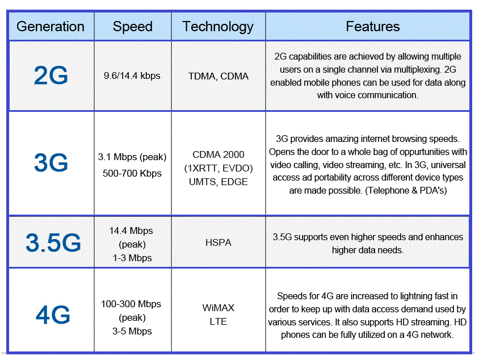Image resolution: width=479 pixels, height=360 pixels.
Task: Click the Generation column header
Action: [x=51, y=27]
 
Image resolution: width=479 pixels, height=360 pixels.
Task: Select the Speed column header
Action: [x=133, y=27]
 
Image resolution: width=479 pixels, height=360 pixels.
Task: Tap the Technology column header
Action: [x=218, y=27]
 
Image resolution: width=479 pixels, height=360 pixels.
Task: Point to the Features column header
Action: [x=373, y=27]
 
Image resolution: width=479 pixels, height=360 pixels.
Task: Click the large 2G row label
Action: [x=51, y=76]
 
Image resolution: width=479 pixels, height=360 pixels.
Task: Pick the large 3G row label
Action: [x=51, y=164]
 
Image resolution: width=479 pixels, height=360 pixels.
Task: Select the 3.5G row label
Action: [x=53, y=243]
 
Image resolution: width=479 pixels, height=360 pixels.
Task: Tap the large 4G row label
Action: [x=52, y=314]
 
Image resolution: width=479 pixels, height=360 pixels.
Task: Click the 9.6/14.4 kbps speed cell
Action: [x=132, y=76]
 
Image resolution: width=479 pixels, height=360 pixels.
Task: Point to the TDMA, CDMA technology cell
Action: [x=219, y=76]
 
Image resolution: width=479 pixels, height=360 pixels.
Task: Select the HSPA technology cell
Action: [x=219, y=242]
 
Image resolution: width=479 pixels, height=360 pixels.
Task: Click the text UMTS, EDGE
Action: [x=219, y=182]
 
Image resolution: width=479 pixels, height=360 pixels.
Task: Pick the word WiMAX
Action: [x=219, y=308]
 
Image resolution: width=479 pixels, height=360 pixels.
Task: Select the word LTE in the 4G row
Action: [x=218, y=321]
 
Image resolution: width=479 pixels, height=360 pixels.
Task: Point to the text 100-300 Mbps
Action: [x=131, y=304]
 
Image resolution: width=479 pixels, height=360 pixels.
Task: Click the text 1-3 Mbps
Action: [x=131, y=258]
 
